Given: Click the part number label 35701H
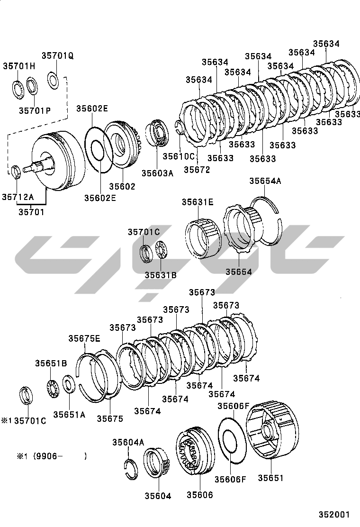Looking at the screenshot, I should (x=19, y=66).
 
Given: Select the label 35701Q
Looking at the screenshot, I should (x=57, y=55).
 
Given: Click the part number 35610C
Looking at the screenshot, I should (x=179, y=156).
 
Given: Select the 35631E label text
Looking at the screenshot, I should (x=198, y=202).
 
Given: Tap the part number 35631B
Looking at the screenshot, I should (x=161, y=274).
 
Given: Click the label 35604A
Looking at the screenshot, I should (x=128, y=442).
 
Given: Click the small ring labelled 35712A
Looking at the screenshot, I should (x=16, y=171).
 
